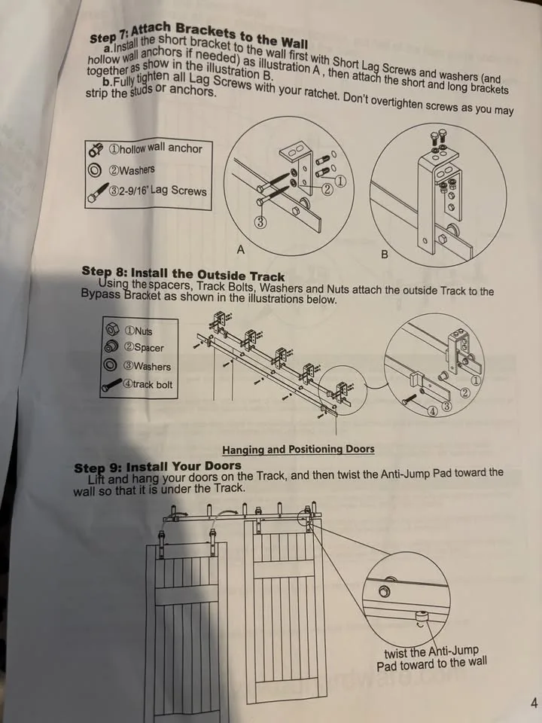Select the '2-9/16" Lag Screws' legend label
158,191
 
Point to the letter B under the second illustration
385,255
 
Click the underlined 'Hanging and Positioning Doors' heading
298,450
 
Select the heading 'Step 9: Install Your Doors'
157,467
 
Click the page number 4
533,703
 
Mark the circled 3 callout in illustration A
260,221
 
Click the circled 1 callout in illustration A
340,182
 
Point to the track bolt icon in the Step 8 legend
112,386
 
